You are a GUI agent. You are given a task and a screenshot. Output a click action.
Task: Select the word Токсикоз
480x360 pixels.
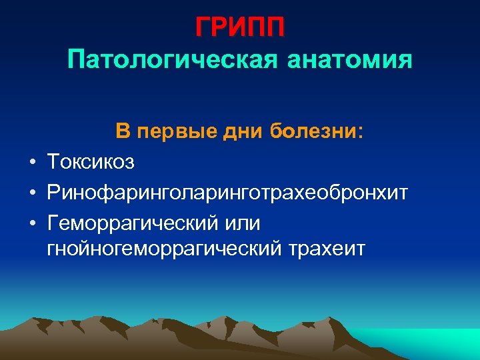(91, 161)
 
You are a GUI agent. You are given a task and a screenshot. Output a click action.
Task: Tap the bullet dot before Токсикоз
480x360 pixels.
(31, 161)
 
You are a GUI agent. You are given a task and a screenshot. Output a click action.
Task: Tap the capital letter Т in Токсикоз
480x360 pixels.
(53, 161)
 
